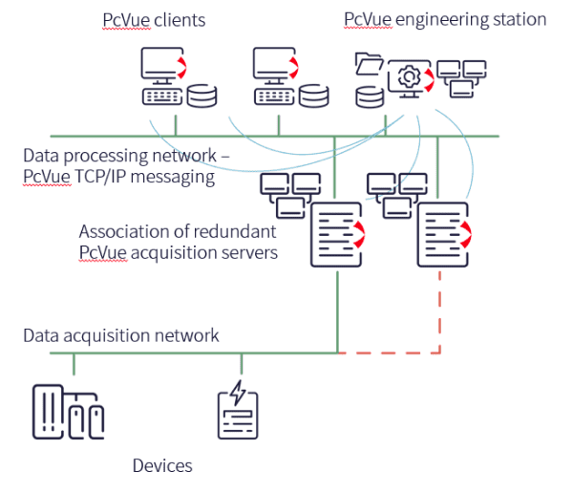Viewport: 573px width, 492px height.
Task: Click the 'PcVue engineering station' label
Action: click(444, 19)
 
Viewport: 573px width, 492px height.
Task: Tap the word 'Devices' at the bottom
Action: click(162, 466)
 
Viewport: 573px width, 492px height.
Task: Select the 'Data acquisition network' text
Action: click(121, 335)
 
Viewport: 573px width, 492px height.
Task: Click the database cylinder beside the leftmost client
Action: click(202, 96)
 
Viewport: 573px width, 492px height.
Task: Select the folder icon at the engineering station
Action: click(368, 65)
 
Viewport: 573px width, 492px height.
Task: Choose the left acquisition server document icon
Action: click(336, 234)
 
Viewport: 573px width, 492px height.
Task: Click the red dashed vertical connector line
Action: click(440, 310)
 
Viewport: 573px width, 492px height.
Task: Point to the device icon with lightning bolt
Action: click(238, 411)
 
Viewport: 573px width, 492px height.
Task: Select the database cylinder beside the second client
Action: click(313, 96)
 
